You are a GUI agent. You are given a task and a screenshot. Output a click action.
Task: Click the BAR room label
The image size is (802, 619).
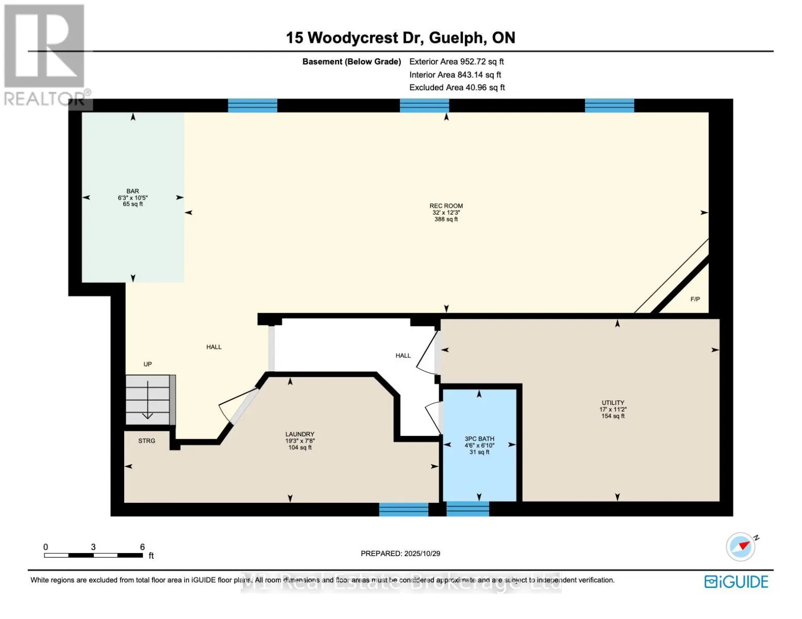[x=132, y=191]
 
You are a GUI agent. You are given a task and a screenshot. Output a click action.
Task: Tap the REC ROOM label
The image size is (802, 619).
[x=446, y=206]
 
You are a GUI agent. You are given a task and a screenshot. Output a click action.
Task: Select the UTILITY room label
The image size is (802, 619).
[x=613, y=403]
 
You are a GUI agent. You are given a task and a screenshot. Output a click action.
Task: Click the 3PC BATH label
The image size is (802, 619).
[x=479, y=439]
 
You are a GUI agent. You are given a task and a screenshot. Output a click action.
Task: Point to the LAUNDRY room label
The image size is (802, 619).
[x=300, y=434]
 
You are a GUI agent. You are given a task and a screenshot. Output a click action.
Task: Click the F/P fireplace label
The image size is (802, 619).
[x=695, y=299]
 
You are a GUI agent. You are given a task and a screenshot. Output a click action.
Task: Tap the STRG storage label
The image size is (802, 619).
[x=147, y=441]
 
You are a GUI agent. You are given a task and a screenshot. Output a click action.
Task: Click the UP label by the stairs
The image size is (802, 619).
[x=148, y=364]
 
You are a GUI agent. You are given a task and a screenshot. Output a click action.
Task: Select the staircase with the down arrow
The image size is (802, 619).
[x=148, y=400]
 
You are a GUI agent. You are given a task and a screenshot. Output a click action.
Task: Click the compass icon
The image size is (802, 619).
[x=741, y=546]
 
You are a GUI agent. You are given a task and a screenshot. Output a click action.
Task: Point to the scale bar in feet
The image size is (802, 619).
[x=93, y=555]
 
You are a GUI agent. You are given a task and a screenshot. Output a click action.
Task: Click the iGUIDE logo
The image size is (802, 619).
[x=736, y=582]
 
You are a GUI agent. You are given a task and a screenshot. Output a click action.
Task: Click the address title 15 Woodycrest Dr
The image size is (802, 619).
[x=400, y=38]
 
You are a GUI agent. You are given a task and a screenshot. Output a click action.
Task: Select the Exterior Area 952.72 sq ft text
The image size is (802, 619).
[x=456, y=61]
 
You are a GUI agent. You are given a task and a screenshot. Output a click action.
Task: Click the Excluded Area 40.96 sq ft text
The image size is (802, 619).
[x=457, y=88]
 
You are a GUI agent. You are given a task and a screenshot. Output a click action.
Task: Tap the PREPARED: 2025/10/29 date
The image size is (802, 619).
[x=400, y=553]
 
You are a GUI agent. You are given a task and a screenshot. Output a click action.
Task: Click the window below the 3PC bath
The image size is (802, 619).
[x=467, y=509]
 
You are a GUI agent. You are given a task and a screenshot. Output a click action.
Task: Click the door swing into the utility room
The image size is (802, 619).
[x=427, y=354]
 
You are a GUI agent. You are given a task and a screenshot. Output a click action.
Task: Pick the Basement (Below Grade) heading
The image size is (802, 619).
[x=352, y=61]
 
